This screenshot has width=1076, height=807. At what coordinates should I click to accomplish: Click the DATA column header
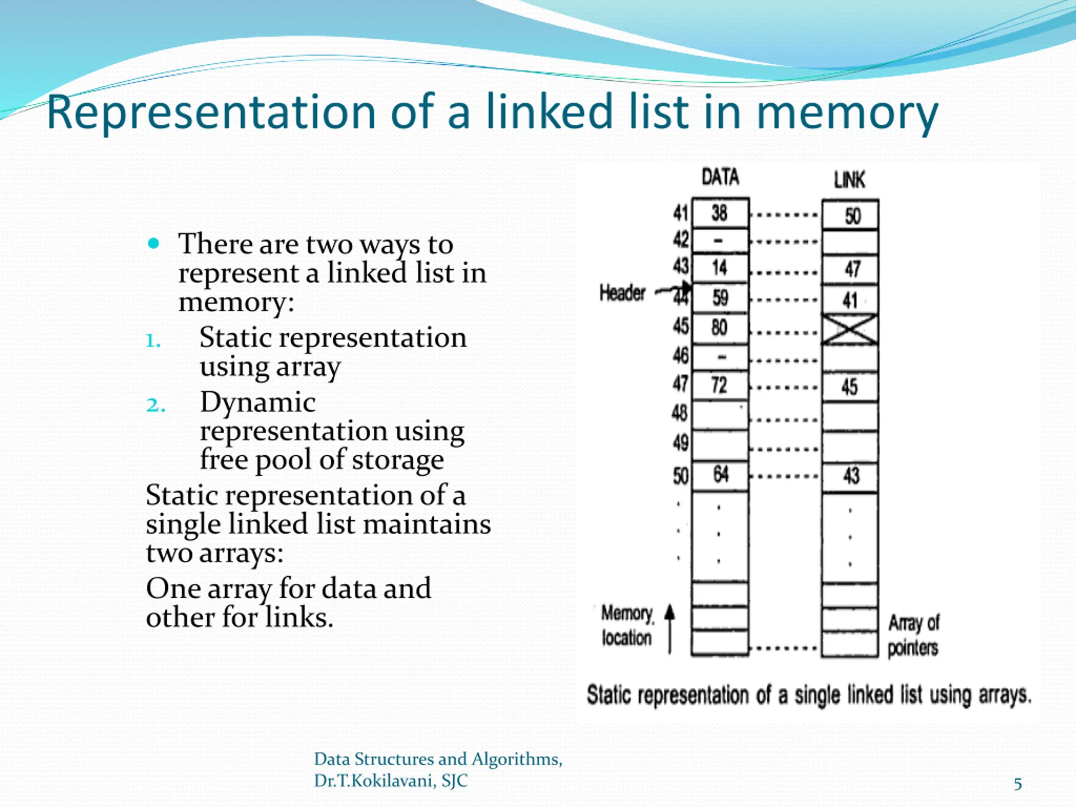click(720, 177)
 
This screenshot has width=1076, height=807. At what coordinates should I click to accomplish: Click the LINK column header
click(849, 180)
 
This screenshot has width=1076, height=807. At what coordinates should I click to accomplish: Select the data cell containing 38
click(720, 213)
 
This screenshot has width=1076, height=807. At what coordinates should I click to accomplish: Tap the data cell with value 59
click(720, 298)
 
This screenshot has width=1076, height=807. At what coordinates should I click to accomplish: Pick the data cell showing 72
click(719, 385)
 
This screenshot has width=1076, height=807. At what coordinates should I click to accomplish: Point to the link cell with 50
click(852, 216)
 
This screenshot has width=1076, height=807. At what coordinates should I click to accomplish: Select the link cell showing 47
click(852, 269)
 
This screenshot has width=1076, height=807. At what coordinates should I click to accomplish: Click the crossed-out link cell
click(850, 330)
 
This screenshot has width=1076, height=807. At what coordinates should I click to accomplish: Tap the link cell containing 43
click(851, 476)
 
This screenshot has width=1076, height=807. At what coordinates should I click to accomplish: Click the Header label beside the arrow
click(622, 293)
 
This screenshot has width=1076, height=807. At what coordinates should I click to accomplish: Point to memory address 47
click(680, 384)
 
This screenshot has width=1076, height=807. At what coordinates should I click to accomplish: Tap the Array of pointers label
click(913, 635)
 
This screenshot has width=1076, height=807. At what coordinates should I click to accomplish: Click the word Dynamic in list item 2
click(258, 403)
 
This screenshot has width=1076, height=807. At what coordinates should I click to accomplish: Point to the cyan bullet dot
click(154, 243)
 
